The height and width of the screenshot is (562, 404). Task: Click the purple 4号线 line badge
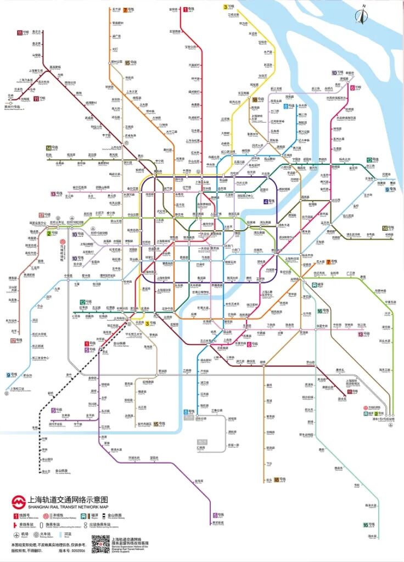coord(269,202)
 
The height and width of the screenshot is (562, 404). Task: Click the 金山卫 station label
coord(46,471)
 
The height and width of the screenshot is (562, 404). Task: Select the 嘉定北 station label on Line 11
coord(36,31)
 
